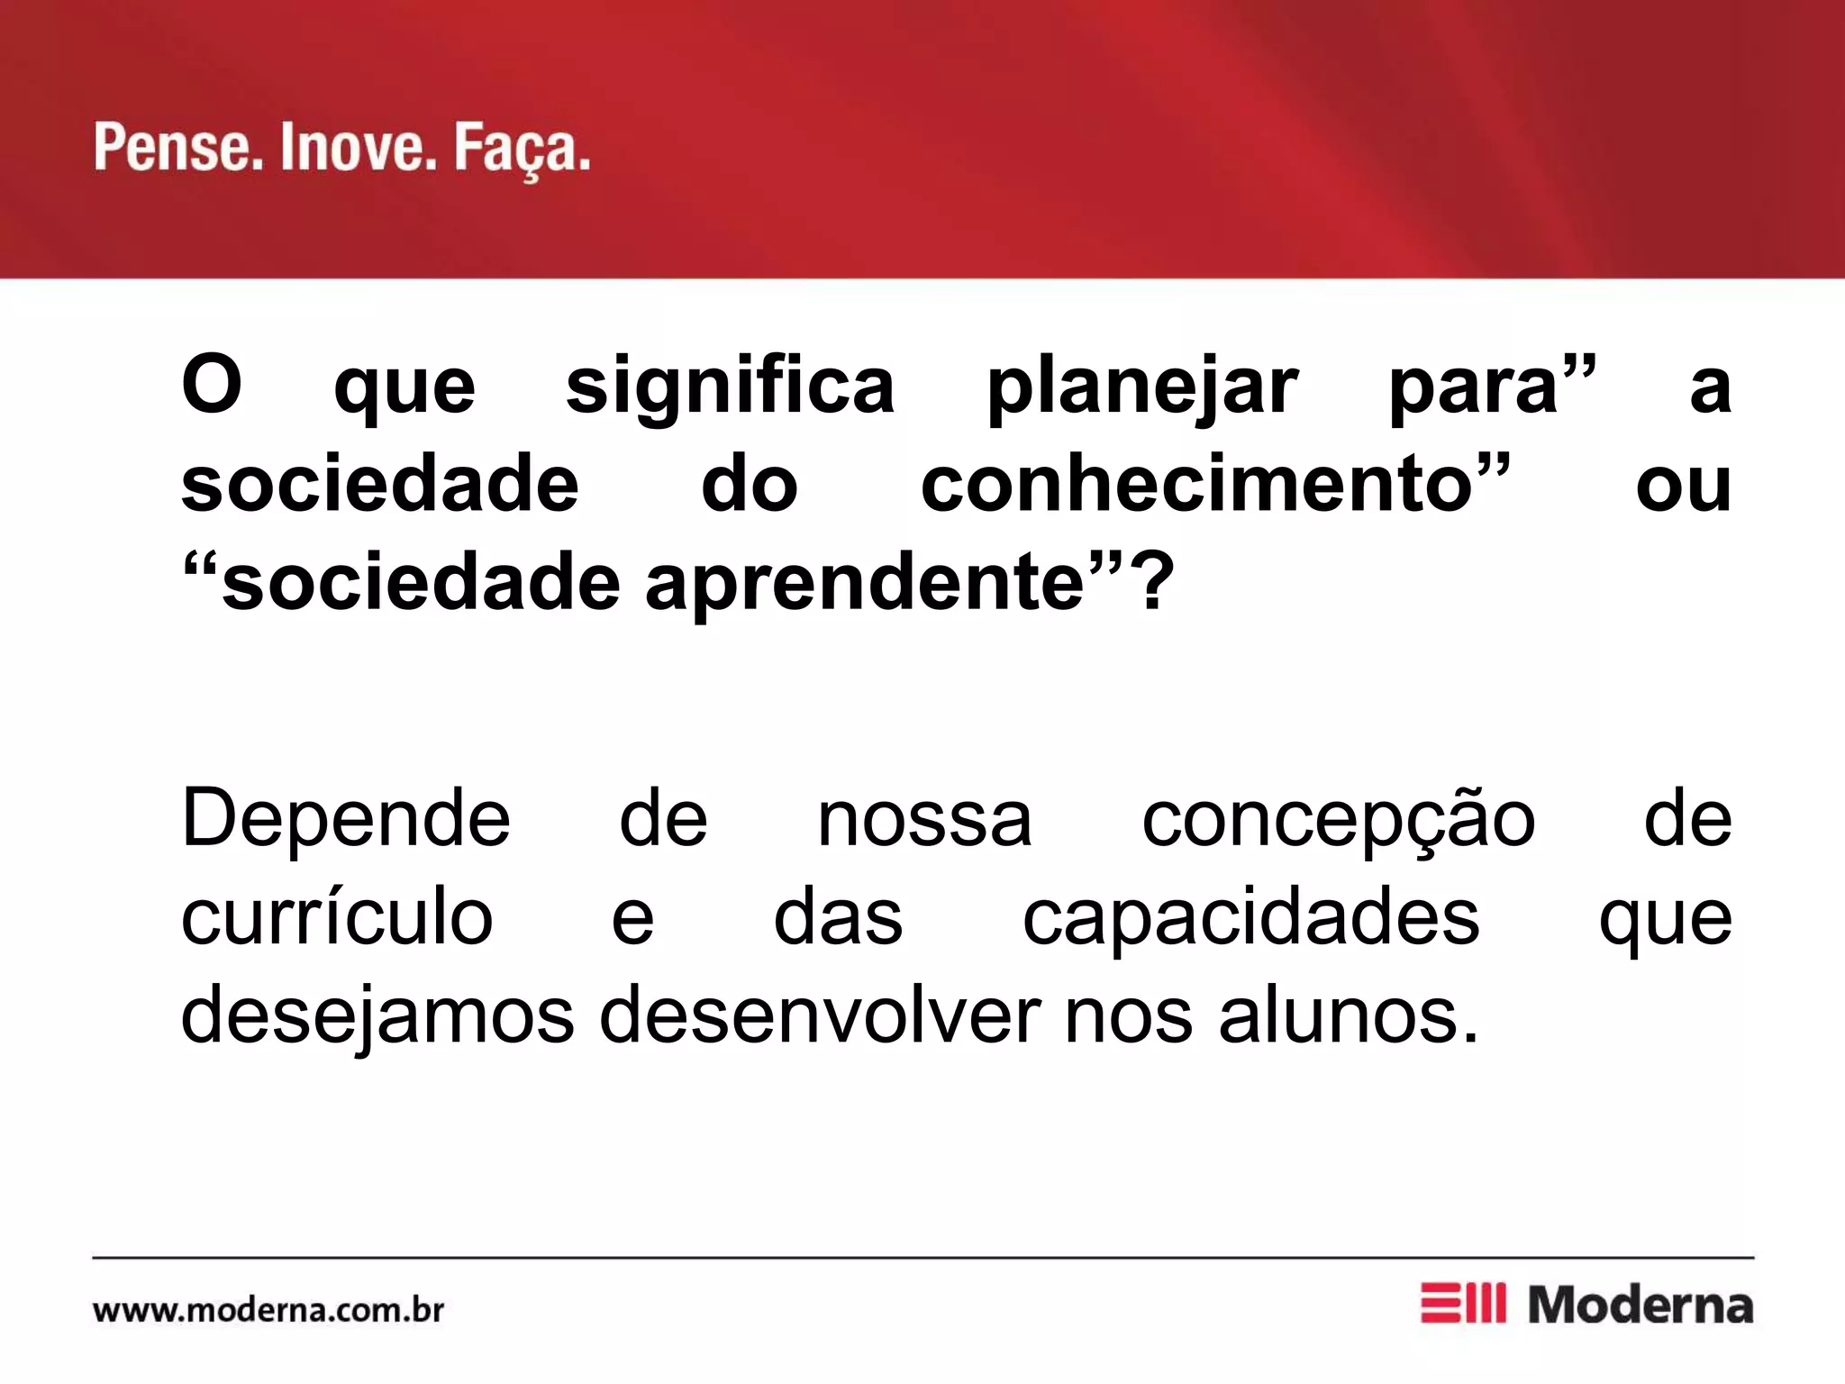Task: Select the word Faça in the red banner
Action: point(521,150)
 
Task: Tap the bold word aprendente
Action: point(865,584)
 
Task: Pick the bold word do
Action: point(750,485)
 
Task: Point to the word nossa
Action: point(924,820)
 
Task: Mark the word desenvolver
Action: point(820,1016)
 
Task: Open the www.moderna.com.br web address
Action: point(268,1309)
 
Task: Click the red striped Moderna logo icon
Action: point(1462,1303)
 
